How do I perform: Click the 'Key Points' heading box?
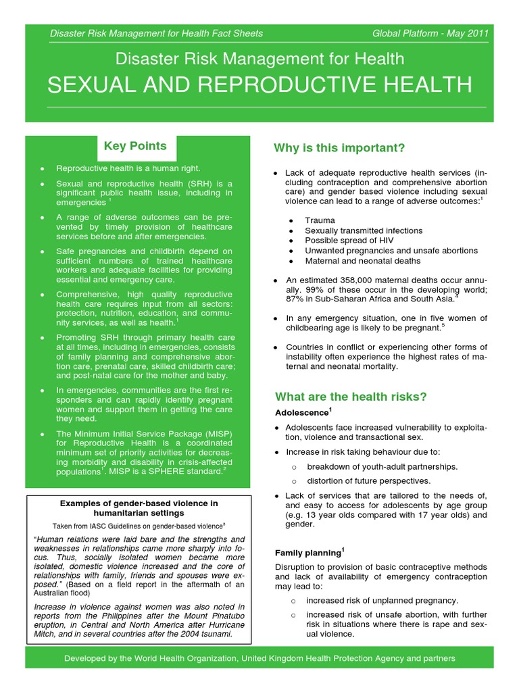pos(135,147)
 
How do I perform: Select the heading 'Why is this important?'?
pos(339,148)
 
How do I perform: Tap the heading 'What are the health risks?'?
pos(350,397)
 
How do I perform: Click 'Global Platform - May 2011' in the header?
pos(430,33)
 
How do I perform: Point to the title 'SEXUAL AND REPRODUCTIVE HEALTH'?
pos(259,84)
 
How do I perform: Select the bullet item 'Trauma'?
pos(320,220)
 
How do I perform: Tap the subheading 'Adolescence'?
pos(301,412)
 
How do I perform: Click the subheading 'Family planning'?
pos(307,553)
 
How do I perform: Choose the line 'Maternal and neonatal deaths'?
pos(362,261)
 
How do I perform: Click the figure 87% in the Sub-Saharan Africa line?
pos(295,299)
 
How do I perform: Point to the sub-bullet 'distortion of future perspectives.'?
pos(368,481)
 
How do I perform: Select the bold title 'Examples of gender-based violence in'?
pos(139,503)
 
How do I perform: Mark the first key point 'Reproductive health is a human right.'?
pos(128,168)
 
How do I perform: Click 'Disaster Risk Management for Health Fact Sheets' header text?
pos(156,33)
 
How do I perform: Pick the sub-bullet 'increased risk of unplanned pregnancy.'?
pos(382,600)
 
